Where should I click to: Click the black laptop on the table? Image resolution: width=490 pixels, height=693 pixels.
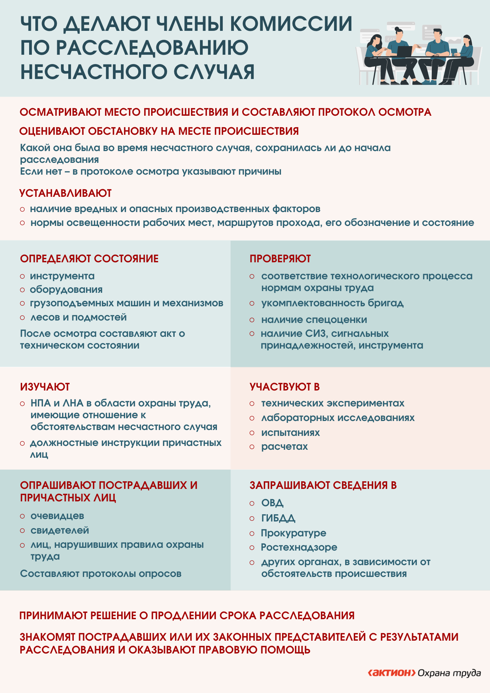coord(404,51)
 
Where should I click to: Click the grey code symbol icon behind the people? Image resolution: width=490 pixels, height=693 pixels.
coord(391,39)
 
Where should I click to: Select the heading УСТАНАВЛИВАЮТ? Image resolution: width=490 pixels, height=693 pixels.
coord(65,193)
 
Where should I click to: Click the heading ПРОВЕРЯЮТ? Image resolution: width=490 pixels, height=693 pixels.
coord(280,258)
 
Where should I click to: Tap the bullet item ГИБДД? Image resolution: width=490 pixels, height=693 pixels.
coord(278,518)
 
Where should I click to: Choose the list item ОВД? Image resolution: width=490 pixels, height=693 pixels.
coord(272,503)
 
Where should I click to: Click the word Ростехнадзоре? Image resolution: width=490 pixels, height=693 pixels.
coord(299,547)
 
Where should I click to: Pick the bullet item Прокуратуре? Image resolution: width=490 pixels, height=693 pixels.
coord(293,533)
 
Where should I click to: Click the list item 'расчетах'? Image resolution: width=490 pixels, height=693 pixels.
coord(284,447)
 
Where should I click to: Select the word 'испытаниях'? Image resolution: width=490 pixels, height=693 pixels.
coord(290,432)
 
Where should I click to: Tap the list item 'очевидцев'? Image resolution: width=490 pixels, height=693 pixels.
coord(57,516)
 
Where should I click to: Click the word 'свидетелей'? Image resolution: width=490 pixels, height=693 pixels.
coord(60,530)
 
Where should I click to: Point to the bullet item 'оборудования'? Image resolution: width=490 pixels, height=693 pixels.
coord(66,289)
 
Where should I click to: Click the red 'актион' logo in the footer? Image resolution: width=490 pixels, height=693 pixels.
coord(391,673)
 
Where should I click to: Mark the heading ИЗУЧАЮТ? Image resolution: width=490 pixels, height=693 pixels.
coord(45,387)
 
